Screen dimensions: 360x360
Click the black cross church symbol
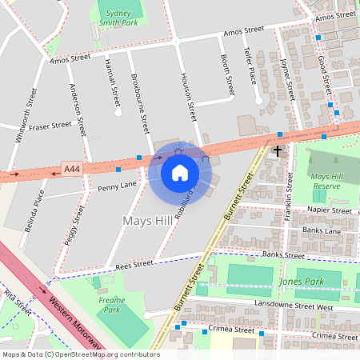[x=278, y=150]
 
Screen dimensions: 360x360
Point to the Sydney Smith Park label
[x=118, y=18]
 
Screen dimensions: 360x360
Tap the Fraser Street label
[x=50, y=126]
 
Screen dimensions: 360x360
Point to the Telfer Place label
[x=254, y=65]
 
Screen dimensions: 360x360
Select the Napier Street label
[x=329, y=210]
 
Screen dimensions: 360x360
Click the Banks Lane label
[x=322, y=230]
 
